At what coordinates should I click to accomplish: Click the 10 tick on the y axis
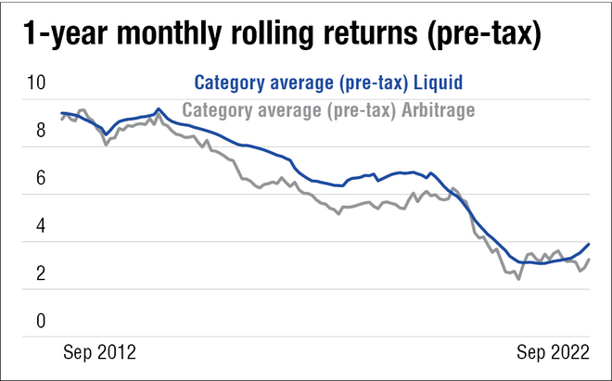coord(35,83)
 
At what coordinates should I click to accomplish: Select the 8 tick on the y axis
coord(40,131)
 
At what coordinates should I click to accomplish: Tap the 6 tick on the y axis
coord(40,179)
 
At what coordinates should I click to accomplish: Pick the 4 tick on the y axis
coord(40,226)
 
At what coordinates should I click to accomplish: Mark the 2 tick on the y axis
coord(40,273)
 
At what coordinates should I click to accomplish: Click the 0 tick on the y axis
coord(40,322)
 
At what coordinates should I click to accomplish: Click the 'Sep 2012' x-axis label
coord(99,352)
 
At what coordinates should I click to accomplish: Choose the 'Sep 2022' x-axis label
coord(552,352)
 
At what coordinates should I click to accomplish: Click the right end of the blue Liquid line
coord(590,244)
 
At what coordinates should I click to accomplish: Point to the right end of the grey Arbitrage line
coord(590,260)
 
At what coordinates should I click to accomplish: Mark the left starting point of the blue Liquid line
coord(61,113)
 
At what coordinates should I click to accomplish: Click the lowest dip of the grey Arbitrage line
coord(518,278)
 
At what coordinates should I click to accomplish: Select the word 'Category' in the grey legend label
coord(217,109)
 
